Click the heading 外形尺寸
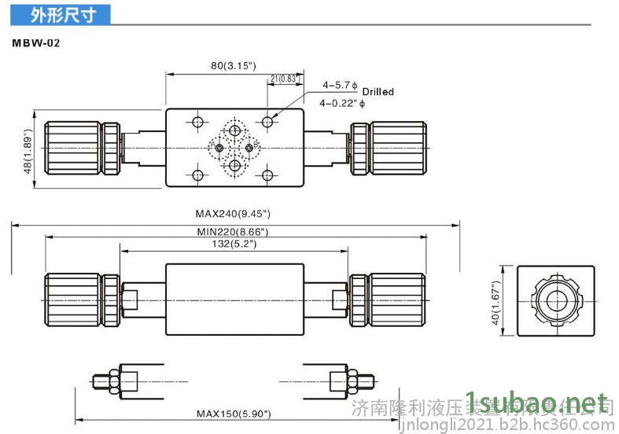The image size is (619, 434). coord(62,15)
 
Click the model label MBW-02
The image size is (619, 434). coord(35,44)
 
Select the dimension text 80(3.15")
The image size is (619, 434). coord(234,66)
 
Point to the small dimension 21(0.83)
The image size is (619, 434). coord(283,78)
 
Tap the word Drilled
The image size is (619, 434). coord(378,92)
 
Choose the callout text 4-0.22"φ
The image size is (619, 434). coord(338,103)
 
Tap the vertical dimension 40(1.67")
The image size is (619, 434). coord(496,303)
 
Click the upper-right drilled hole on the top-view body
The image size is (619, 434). coord(269,121)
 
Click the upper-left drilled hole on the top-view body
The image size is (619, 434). coord(197,121)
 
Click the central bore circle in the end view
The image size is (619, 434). coord(556,300)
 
